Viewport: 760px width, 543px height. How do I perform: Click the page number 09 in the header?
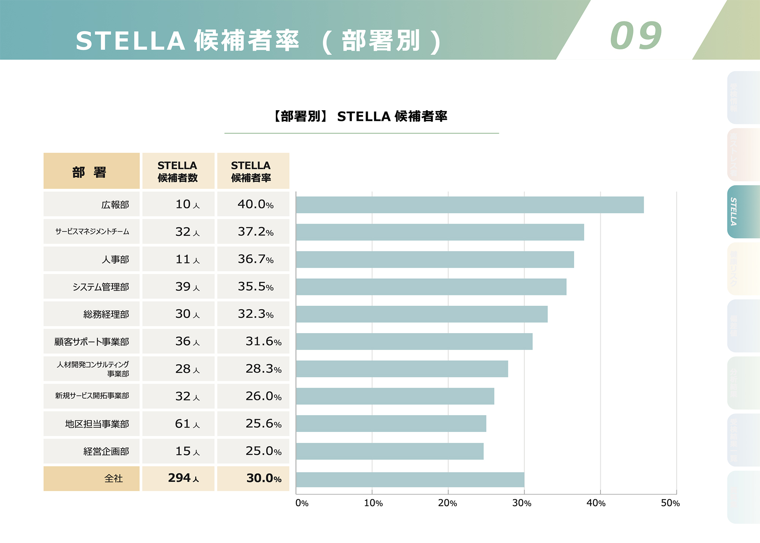(x=636, y=36)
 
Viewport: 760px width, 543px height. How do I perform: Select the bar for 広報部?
(x=470, y=205)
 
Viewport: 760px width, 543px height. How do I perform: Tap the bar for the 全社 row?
(x=410, y=479)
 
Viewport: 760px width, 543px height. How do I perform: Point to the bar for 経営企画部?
(x=389, y=451)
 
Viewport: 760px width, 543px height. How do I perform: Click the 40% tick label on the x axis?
(x=596, y=503)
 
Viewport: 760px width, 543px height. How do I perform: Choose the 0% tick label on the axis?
(x=302, y=503)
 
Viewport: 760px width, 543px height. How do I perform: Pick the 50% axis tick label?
(x=670, y=503)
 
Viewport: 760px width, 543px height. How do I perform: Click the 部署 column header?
(x=91, y=171)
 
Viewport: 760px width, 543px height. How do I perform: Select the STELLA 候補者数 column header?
(x=178, y=171)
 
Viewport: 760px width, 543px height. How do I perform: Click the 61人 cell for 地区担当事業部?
(x=187, y=424)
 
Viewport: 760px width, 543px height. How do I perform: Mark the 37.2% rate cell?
(x=255, y=232)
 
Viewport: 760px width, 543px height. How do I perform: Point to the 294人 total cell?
(x=184, y=478)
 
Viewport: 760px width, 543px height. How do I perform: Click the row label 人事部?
(x=115, y=259)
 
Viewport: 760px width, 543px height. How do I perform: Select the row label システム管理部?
(x=101, y=287)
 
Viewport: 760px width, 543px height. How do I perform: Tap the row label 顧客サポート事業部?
(x=92, y=341)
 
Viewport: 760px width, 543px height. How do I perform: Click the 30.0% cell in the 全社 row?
(x=264, y=478)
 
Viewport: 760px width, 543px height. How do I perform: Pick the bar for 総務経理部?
(x=422, y=314)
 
